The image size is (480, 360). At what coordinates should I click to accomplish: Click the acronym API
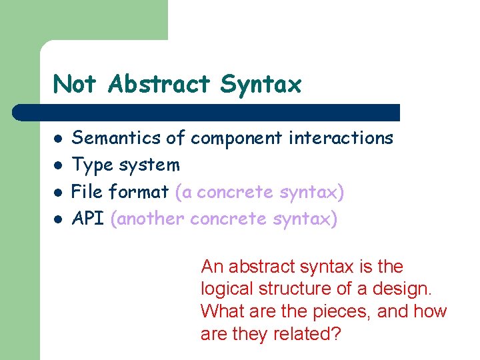pyautogui.click(x=87, y=219)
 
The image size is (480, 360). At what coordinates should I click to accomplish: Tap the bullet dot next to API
pyautogui.click(x=59, y=219)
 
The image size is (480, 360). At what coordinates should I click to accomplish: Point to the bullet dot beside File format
pyautogui.click(x=59, y=193)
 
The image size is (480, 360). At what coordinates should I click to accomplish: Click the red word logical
pyautogui.click(x=223, y=289)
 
